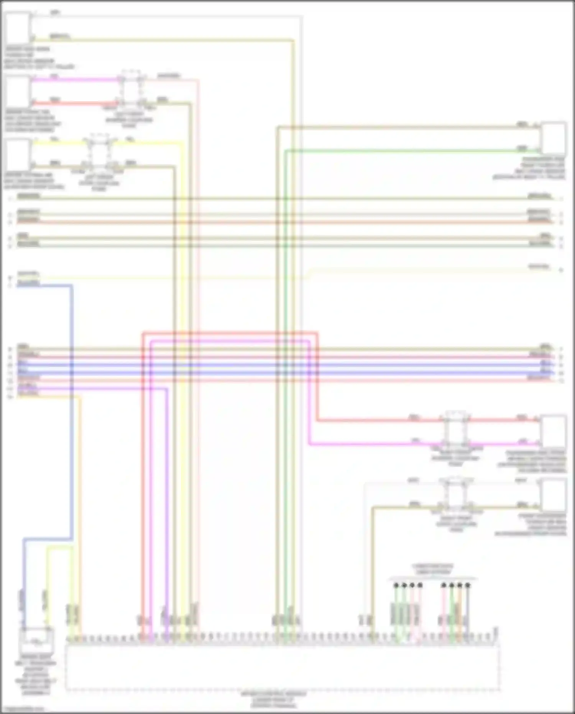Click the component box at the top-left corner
coord(17,28)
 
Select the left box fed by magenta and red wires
coord(17,91)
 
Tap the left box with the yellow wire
coord(17,154)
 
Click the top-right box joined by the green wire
coord(554,138)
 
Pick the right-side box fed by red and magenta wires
coord(554,431)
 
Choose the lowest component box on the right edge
coord(554,495)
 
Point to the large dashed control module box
coord(283,668)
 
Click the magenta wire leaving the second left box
coord(77,80)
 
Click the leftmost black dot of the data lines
coord(396,585)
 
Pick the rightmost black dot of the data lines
coord(468,585)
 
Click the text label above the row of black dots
coord(432,569)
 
